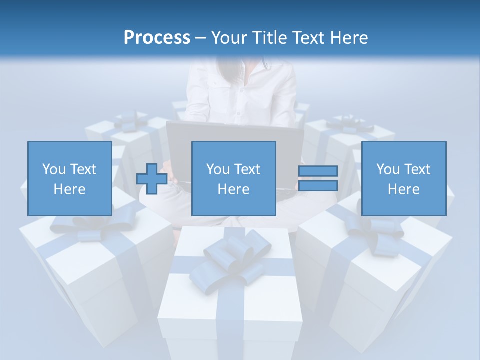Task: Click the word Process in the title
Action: [x=157, y=37]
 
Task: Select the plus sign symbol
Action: [x=152, y=179]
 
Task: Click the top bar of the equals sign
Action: [x=318, y=171]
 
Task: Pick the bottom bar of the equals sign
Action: [x=318, y=186]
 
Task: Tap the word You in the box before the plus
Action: [x=54, y=169]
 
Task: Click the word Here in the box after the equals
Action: [x=403, y=189]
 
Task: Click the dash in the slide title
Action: [x=201, y=37]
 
